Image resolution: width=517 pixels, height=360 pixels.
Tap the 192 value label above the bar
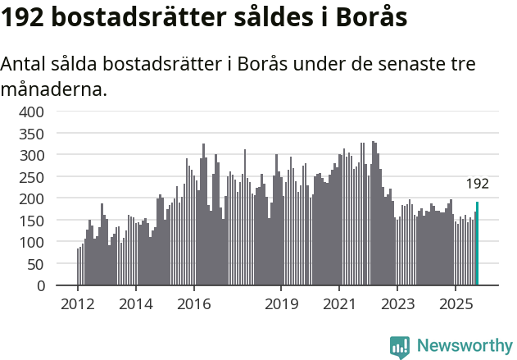pyautogui.click(x=477, y=184)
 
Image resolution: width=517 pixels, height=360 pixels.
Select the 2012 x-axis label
pyautogui.click(x=78, y=304)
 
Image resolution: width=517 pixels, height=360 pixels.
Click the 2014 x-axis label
pyautogui.click(x=136, y=304)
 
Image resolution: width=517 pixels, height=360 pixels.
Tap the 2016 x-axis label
pyautogui.click(x=193, y=304)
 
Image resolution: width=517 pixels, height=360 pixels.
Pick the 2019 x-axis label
pyautogui.click(x=281, y=304)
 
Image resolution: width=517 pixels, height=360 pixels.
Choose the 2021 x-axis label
pyautogui.click(x=339, y=304)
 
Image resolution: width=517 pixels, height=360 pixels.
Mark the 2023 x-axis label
pyautogui.click(x=397, y=304)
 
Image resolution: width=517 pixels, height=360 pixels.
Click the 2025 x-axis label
pyautogui.click(x=456, y=304)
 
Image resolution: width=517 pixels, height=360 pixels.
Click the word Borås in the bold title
pyautogui.click(x=370, y=18)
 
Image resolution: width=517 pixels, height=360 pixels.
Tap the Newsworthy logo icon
pyautogui.click(x=400, y=346)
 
